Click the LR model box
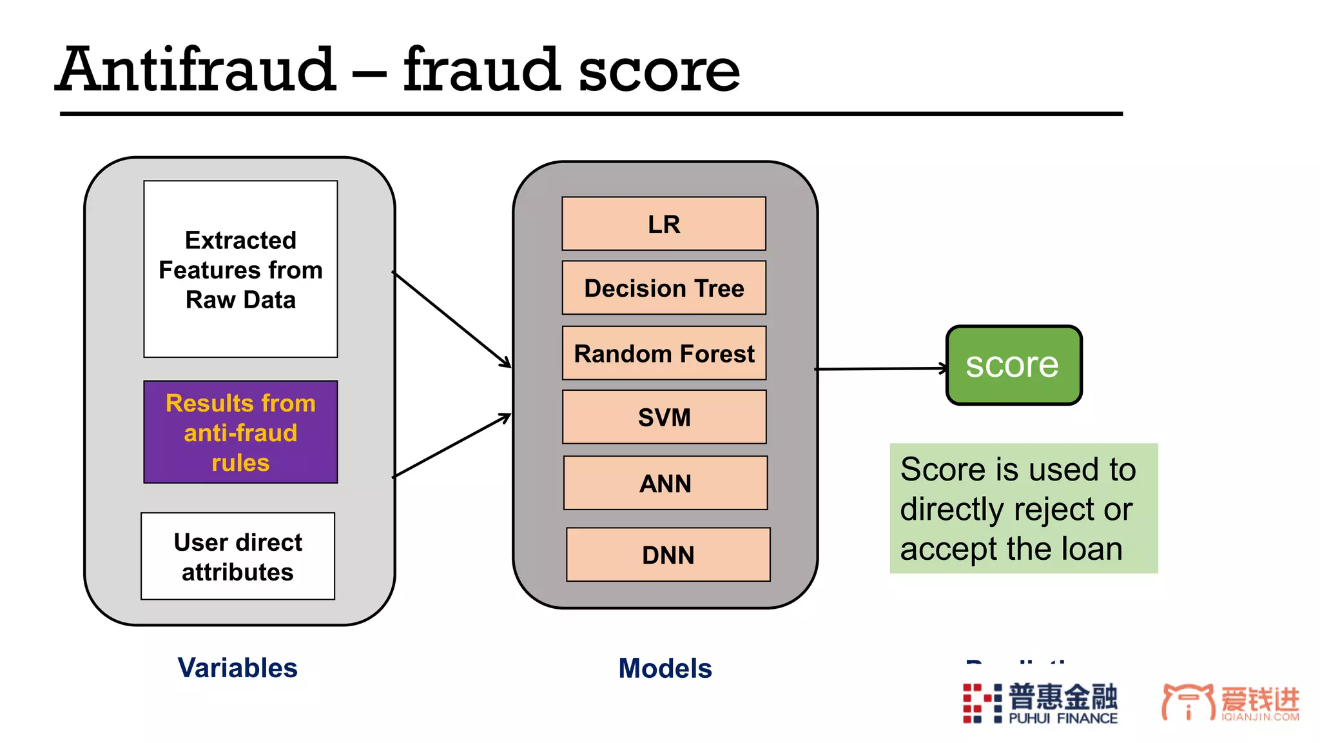coord(664,224)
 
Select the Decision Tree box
coord(664,288)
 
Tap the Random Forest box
coord(664,353)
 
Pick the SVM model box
coord(664,417)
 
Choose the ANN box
coord(665,483)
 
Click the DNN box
coord(668,555)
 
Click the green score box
coord(1013,365)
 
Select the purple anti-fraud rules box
coord(240,432)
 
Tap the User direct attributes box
coord(238,557)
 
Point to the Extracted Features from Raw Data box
coord(240,269)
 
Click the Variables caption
coord(237,668)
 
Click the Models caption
coord(665,668)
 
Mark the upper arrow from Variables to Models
coord(451,319)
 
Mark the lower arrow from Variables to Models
coord(451,446)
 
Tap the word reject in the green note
coord(1058,510)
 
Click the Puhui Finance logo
coord(1040,703)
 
